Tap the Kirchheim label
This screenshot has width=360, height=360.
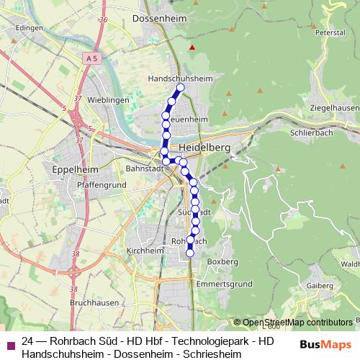(145, 251)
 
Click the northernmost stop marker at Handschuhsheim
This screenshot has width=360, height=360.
(180, 88)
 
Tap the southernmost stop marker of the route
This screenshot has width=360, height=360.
(190, 253)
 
